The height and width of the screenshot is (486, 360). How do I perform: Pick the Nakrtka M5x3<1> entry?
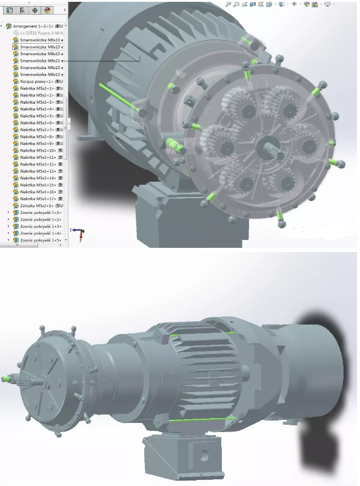pyautogui.click(x=36, y=88)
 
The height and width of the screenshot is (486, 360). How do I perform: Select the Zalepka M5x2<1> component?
pyautogui.click(x=37, y=205)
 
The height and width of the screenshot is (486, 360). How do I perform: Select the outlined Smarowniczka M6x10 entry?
pyautogui.click(x=40, y=47)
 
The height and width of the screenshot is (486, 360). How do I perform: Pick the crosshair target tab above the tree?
pyautogui.click(x=34, y=10)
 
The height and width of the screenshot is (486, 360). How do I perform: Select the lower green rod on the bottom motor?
pyautogui.click(x=202, y=419)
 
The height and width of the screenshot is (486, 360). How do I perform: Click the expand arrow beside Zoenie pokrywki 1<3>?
pyautogui.click(x=8, y=227)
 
